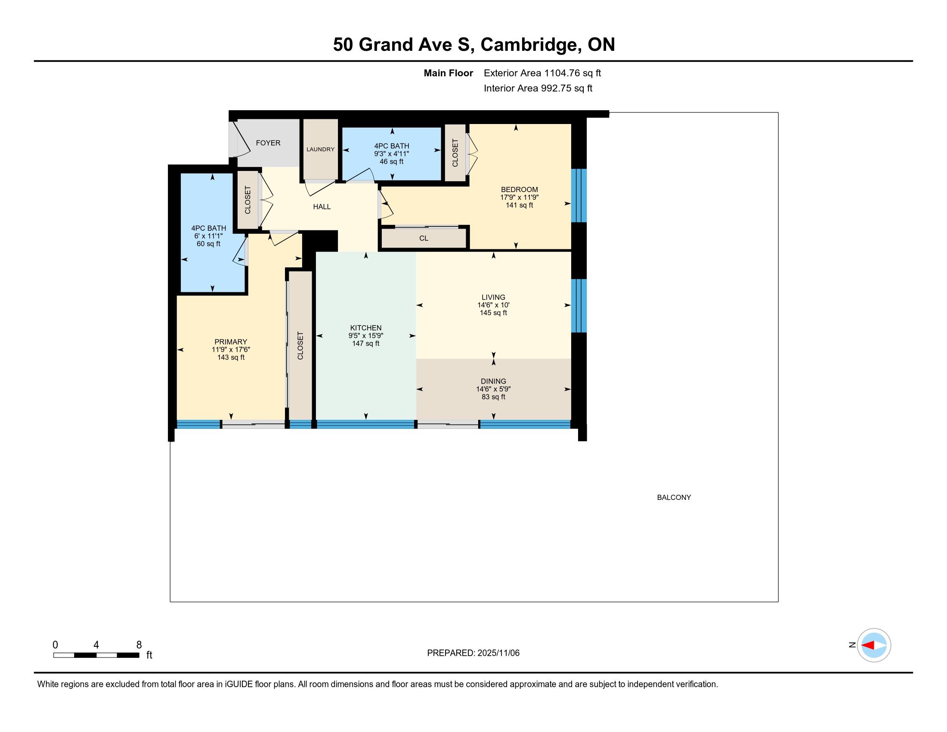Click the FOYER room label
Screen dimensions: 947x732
pyautogui.click(x=268, y=143)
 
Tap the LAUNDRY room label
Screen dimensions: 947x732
pyautogui.click(x=320, y=149)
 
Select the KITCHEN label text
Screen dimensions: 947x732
pyautogui.click(x=365, y=328)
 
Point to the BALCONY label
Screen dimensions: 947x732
pyautogui.click(x=674, y=497)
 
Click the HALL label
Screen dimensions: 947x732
pyautogui.click(x=322, y=207)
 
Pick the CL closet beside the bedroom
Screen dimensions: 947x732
pyautogui.click(x=424, y=238)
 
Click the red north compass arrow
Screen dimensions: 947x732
pyautogui.click(x=868, y=645)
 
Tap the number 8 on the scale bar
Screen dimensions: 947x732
pyautogui.click(x=139, y=645)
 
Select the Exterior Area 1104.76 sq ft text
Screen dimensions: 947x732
pyautogui.click(x=542, y=73)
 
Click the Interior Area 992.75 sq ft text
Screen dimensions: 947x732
pyautogui.click(x=538, y=88)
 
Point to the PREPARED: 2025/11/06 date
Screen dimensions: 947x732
pyautogui.click(x=473, y=653)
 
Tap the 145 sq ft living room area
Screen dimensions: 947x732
pyautogui.click(x=493, y=313)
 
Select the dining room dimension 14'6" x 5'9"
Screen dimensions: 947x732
pyautogui.click(x=493, y=389)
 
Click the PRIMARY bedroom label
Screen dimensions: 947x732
pyautogui.click(x=231, y=342)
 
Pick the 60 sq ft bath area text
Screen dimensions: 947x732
pyautogui.click(x=209, y=244)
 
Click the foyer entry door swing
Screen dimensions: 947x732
pyautogui.click(x=240, y=139)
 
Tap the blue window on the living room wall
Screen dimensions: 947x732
pyautogui.click(x=579, y=306)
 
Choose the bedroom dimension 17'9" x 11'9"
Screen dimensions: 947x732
pyautogui.click(x=520, y=197)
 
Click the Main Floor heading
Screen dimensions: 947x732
pyautogui.click(x=449, y=73)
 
